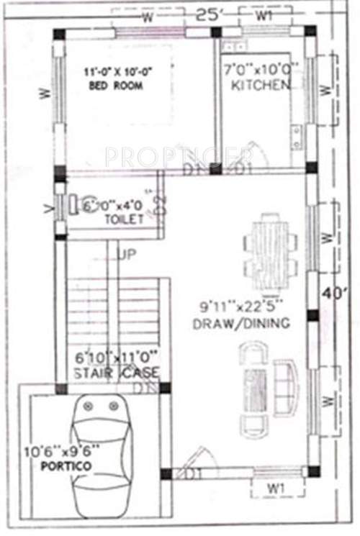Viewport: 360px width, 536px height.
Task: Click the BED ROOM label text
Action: pos(115,86)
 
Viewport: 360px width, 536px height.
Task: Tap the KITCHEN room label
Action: pos(261,86)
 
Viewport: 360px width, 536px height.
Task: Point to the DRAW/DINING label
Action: pos(240,324)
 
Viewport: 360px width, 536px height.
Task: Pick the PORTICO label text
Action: pos(66,467)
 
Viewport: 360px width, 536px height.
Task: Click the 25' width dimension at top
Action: pos(208,14)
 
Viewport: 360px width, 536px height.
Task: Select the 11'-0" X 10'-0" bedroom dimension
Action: pos(119,71)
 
